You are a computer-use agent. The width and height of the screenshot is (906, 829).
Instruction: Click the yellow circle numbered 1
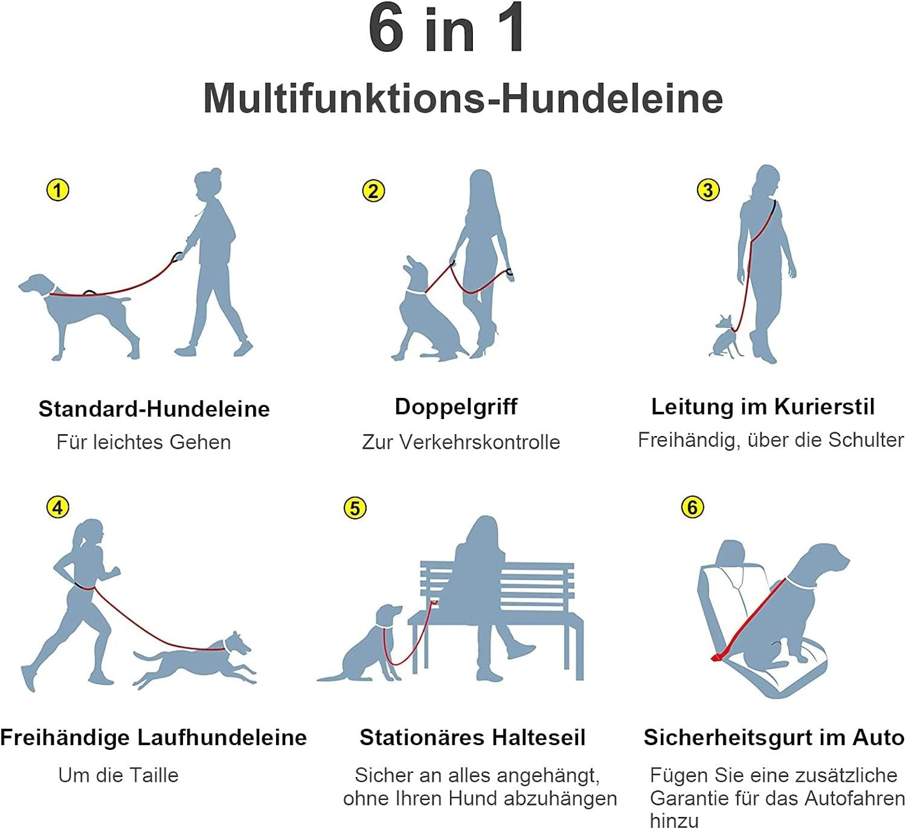tap(57, 190)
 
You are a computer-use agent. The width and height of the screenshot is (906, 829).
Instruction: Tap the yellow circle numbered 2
tap(373, 191)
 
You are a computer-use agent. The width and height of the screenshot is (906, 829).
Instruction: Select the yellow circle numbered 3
tap(708, 190)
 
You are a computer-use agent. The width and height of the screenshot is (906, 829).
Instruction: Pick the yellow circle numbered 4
tap(57, 507)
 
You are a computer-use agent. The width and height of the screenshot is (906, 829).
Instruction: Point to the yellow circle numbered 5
tap(355, 508)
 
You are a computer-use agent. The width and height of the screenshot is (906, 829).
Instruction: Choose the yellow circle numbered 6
tap(692, 507)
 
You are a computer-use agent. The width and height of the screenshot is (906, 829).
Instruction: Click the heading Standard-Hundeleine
tap(154, 409)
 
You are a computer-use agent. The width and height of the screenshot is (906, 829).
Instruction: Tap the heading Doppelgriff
tap(456, 407)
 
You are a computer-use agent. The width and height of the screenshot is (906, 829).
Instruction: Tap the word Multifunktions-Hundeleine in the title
tap(463, 98)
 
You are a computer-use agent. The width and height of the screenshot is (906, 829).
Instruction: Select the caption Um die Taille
tap(118, 775)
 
